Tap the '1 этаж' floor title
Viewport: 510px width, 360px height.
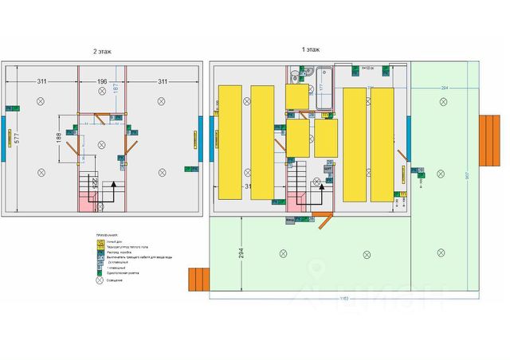pos(311,49)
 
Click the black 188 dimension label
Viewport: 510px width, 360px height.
pos(58,138)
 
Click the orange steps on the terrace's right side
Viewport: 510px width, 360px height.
pos(488,138)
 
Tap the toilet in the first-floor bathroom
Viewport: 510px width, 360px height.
pos(295,76)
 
